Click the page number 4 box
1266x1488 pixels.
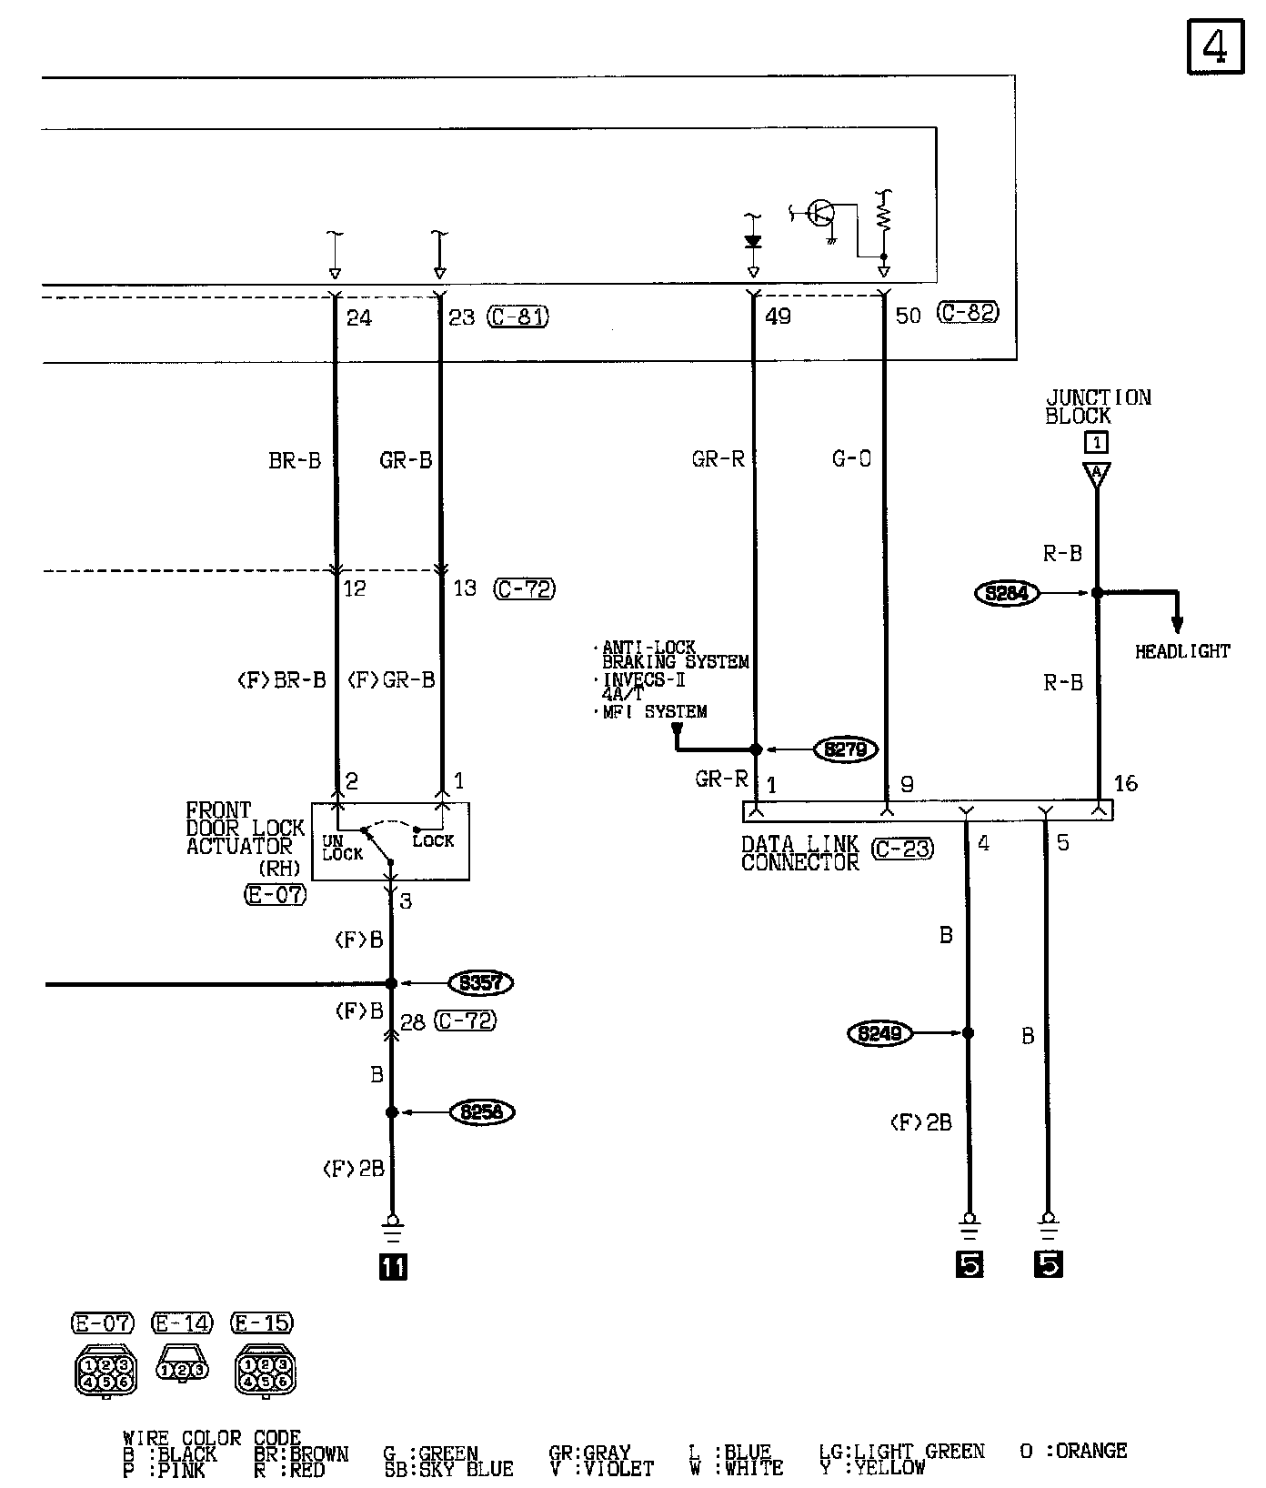(1215, 47)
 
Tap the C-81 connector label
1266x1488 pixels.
(518, 317)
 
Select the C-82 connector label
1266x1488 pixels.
(968, 313)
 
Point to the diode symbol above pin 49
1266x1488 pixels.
(752, 242)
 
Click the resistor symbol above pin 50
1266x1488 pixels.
(883, 215)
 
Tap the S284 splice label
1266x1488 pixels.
(1007, 593)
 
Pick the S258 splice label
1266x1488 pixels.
(482, 1111)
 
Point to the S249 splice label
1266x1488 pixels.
(879, 1033)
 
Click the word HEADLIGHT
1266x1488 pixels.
(1182, 651)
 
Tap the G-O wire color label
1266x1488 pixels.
(852, 459)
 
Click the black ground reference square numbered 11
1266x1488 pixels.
(394, 1266)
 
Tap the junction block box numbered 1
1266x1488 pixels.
(1097, 443)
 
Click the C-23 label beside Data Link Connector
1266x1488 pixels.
(902, 850)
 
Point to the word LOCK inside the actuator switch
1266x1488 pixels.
(433, 841)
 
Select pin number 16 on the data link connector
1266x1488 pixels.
(1125, 783)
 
